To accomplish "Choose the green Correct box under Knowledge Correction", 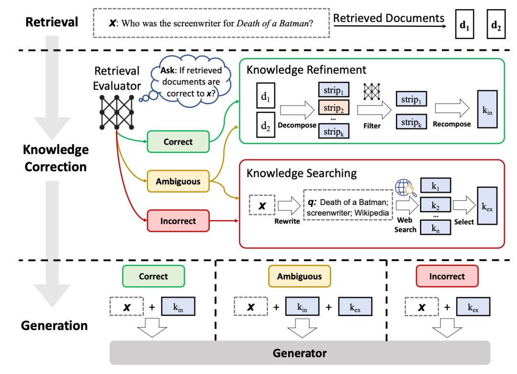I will pos(178,142).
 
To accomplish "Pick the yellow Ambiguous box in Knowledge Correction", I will pos(178,181).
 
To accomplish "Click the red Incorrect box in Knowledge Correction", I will pos(178,221).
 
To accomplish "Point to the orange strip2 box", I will pos(333,108).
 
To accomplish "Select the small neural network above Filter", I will pos(371,92).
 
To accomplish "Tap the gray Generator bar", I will pos(300,353).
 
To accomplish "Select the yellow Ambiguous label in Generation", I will pos(300,276).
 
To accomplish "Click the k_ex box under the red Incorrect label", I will pos(472,307).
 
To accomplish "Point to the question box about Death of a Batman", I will pos(211,23).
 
